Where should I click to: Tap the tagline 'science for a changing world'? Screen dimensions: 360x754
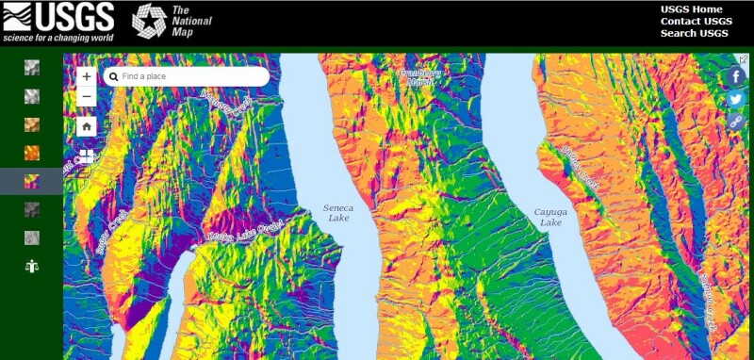click(57, 37)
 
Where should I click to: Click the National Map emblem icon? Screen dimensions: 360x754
click(148, 21)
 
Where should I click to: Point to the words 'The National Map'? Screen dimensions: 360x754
click(191, 21)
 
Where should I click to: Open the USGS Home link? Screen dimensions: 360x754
click(691, 9)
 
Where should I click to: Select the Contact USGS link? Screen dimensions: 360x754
click(696, 22)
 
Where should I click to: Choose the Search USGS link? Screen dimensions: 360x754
click(694, 34)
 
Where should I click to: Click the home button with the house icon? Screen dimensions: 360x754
click(87, 125)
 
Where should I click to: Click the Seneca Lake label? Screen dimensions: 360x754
click(337, 212)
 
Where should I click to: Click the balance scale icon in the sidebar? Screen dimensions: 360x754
click(32, 266)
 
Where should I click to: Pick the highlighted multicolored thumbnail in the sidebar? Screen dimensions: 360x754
click(32, 180)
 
